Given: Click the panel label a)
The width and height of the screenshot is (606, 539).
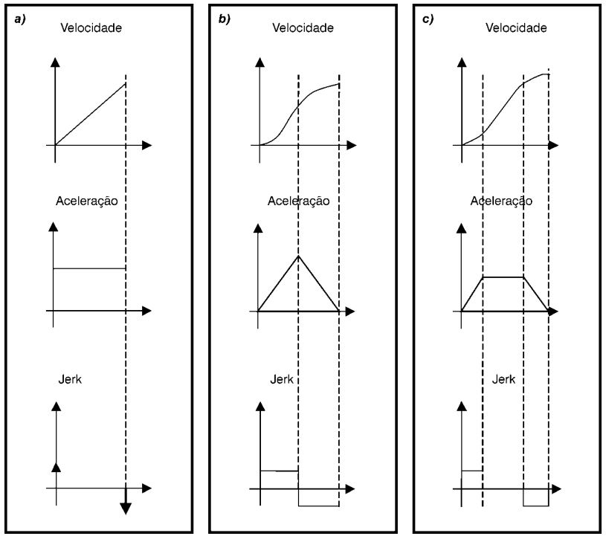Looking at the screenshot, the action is coord(20,19).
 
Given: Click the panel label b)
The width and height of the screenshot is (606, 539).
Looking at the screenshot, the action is coord(224,19).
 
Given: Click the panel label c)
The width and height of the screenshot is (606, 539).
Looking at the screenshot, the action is coord(428,19).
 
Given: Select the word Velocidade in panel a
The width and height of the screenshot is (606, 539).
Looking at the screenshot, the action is coord(91,28).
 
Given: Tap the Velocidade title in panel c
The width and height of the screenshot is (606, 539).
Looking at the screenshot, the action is coord(516,28).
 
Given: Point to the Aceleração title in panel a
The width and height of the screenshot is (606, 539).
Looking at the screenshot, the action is coord(87,201).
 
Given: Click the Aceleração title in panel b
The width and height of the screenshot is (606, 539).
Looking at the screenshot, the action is coord(299,201).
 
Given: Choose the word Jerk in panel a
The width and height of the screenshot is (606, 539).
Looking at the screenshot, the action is coord(70,379).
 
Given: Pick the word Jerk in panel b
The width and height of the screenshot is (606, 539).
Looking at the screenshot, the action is coord(282,379).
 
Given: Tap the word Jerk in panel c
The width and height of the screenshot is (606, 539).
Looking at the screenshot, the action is coord(503,379).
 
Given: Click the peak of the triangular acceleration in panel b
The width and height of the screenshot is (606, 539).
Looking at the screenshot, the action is coord(298,256).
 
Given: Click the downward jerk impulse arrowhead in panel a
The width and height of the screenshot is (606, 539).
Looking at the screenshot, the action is coord(126,509).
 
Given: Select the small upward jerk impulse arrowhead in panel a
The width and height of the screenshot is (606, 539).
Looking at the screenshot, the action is coord(57,467).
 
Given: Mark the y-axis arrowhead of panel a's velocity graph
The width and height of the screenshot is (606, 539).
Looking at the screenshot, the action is coord(56,62).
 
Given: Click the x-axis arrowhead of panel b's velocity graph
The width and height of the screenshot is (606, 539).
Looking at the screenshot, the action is coord(351,145).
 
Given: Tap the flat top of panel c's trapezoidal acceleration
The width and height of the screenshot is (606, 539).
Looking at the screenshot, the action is coord(503,277).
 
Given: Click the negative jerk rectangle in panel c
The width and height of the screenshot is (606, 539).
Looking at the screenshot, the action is coord(536,497).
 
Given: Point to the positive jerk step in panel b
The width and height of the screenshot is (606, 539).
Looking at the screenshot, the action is coord(280,471).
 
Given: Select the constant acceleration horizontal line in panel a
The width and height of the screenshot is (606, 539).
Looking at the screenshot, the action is coord(89,268).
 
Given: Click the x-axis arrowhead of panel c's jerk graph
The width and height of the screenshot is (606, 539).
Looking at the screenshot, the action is coord(556,489).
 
